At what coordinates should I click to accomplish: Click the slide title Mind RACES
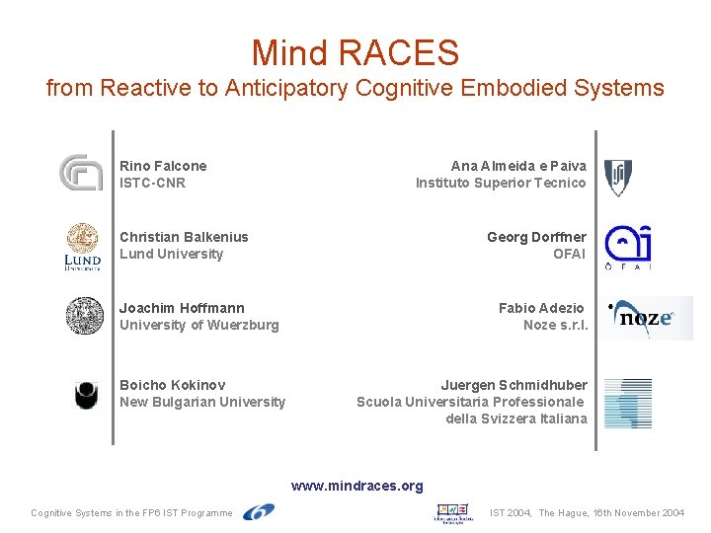coord(355,51)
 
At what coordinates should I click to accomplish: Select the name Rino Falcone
coord(163,166)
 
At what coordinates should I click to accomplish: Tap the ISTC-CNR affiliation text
coord(152,183)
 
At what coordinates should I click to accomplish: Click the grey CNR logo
coord(81,173)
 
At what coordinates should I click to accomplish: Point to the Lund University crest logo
coord(83,246)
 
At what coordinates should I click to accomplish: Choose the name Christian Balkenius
coord(184,237)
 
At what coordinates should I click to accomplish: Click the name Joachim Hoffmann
coord(182,308)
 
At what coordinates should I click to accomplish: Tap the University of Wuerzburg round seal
coord(85,316)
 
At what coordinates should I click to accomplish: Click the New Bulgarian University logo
coord(87,395)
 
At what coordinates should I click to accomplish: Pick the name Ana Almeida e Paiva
coord(518,166)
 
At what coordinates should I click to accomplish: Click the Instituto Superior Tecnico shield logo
coord(618,177)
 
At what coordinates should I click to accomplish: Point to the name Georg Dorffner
coord(536,237)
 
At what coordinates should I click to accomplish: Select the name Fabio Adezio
coord(541,308)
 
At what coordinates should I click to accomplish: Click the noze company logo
coord(648,318)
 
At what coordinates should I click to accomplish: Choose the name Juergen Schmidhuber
coord(513,385)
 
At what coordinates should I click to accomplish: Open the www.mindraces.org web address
coord(356,486)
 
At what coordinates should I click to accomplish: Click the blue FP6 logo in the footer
coord(259,511)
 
